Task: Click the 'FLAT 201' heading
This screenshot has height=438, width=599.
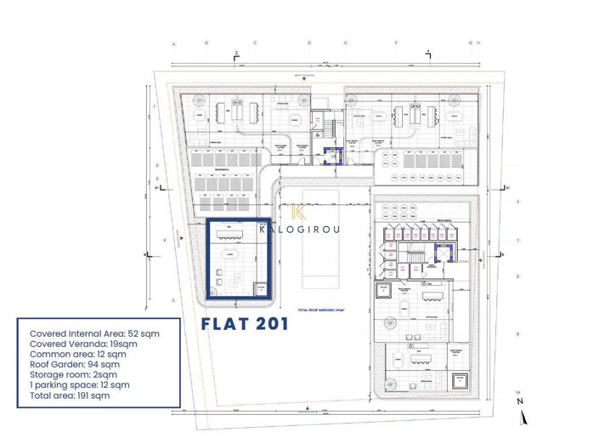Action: click(x=245, y=324)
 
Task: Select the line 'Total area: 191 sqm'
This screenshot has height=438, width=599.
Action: click(x=69, y=395)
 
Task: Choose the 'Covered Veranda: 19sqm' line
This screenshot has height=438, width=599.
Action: click(x=82, y=344)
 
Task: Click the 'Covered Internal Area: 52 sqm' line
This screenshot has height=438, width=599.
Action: click(x=92, y=333)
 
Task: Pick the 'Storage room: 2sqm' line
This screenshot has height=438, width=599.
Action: click(x=72, y=375)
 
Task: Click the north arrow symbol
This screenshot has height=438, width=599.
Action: click(x=525, y=415)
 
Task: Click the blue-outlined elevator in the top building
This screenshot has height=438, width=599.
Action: click(x=331, y=152)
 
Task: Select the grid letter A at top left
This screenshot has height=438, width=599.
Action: click(x=172, y=43)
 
